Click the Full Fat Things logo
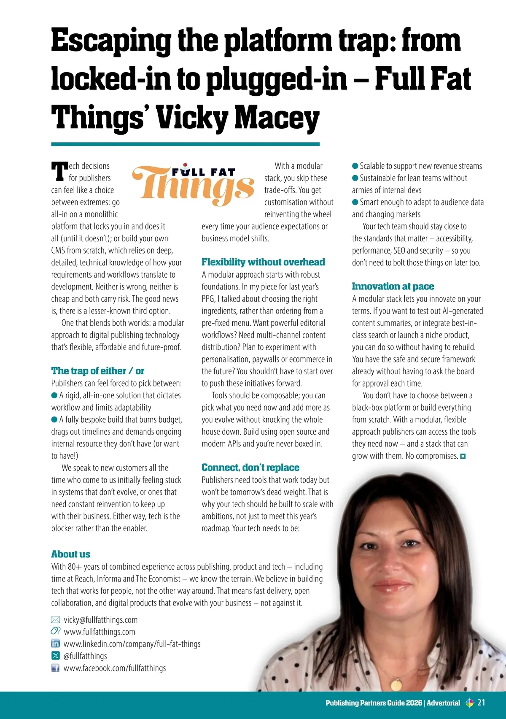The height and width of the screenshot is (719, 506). [x=193, y=184]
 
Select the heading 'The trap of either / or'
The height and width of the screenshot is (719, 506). [x=97, y=371]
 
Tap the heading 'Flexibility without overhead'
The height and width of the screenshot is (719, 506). [x=263, y=262]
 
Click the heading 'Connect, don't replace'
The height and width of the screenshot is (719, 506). [x=250, y=468]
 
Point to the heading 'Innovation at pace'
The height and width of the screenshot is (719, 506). [x=393, y=287]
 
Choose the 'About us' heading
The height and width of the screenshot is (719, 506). [x=71, y=554]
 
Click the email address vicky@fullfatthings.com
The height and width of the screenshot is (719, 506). [x=100, y=620]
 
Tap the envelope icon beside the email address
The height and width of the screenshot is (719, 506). [x=55, y=620]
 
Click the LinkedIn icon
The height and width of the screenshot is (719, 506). [x=55, y=644]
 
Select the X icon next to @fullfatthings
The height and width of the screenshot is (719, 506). [x=55, y=656]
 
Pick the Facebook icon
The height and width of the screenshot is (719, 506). [x=55, y=668]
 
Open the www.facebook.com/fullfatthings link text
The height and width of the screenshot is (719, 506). [x=115, y=668]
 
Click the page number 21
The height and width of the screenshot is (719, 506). [x=481, y=703]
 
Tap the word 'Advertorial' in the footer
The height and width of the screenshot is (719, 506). [x=443, y=703]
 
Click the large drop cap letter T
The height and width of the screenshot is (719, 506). [x=59, y=172]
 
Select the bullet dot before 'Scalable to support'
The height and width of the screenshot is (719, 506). [x=355, y=166]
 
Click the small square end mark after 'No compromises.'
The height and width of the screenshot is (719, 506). [x=463, y=456]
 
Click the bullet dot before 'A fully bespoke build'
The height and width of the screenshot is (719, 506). [x=54, y=419]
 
